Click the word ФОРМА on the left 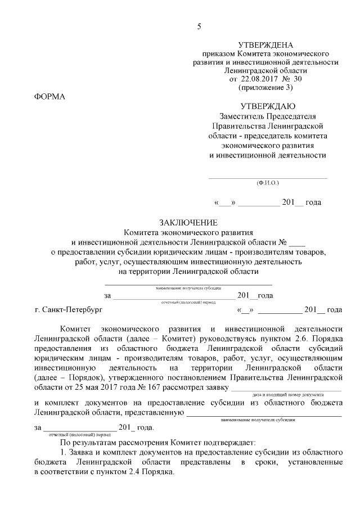click(50, 96)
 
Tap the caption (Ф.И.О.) click(267, 183)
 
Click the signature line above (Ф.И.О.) click(268, 178)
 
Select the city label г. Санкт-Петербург click(69, 309)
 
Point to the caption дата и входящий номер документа click(287, 395)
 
